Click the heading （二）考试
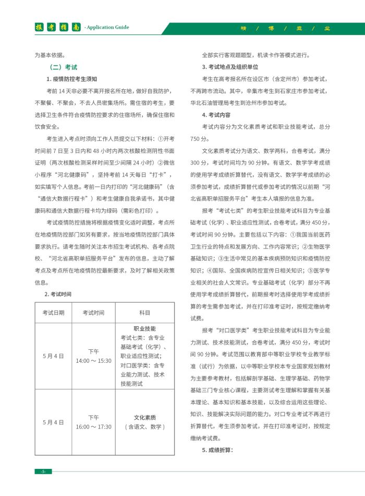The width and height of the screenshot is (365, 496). [x=63, y=67]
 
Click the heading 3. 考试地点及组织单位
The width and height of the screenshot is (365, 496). [x=230, y=67]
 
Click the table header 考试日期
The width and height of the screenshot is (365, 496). [x=54, y=312]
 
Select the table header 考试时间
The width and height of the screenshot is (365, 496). [x=93, y=312]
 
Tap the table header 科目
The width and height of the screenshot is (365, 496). [x=144, y=312]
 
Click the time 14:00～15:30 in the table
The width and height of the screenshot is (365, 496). [x=93, y=361]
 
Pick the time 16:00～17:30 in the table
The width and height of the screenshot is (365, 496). [x=93, y=427]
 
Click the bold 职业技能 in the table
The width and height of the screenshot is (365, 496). [x=144, y=329]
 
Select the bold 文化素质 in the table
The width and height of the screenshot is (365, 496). [x=144, y=418]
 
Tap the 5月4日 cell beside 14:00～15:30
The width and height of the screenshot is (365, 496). [x=54, y=356]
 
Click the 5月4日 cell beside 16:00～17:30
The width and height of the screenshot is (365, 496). [x=54, y=422]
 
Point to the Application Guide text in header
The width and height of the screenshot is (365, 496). [x=107, y=28]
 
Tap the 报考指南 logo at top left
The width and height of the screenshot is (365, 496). [x=57, y=27]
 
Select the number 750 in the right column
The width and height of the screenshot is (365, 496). [x=196, y=139]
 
